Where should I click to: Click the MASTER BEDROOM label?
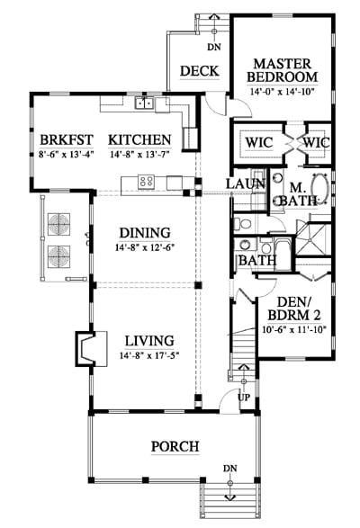283,70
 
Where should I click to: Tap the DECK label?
200,71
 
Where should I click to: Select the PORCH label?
175,446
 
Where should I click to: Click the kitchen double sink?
145,103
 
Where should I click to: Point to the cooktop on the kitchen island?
147,182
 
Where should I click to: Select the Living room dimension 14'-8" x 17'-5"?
149,355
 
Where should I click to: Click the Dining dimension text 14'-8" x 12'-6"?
145,248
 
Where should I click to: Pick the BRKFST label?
67,139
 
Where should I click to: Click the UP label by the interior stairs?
244,398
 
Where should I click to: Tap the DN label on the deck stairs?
214,47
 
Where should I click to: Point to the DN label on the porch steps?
229,469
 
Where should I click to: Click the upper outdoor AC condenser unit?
59,224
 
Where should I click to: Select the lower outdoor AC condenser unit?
59,257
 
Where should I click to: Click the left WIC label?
259,142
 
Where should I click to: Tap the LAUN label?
246,183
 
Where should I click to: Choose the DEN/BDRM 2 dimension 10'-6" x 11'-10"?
294,329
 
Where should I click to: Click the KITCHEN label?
139,139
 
